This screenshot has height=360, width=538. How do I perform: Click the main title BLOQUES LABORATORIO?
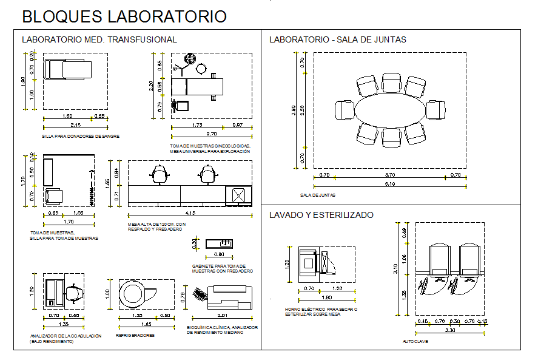[124, 16]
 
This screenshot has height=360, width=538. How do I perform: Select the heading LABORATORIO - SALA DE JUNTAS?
[337, 39]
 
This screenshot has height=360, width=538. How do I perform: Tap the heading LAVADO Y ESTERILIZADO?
[321, 215]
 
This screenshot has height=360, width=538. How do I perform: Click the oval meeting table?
[389, 110]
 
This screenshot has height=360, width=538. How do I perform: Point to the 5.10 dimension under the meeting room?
[389, 184]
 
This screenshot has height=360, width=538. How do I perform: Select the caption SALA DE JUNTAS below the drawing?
[318, 195]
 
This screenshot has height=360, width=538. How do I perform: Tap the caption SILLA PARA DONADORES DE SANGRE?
[81, 137]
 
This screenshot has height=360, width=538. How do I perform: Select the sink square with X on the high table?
[238, 196]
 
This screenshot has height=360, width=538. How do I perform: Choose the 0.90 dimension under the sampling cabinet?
[218, 254]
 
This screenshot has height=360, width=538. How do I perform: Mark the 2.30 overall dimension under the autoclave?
[449, 330]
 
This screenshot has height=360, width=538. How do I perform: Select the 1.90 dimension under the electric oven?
[326, 298]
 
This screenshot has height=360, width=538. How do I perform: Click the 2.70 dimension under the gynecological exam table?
[211, 133]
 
